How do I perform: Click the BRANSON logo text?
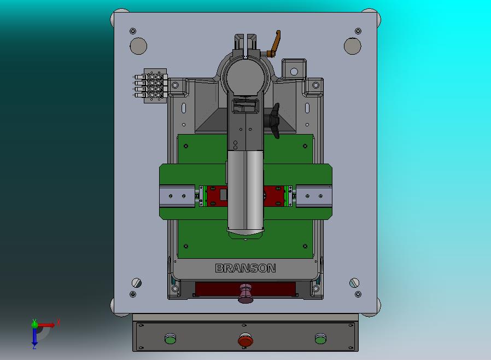(245, 268)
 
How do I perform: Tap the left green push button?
(171, 338)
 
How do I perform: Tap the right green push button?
(320, 338)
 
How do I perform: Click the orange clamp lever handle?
(276, 43)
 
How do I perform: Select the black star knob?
(273, 120)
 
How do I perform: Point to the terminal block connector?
(151, 85)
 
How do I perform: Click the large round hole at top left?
(138, 46)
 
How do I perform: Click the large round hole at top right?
(353, 46)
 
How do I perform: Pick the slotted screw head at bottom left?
(137, 283)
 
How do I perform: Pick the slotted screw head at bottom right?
(354, 283)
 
